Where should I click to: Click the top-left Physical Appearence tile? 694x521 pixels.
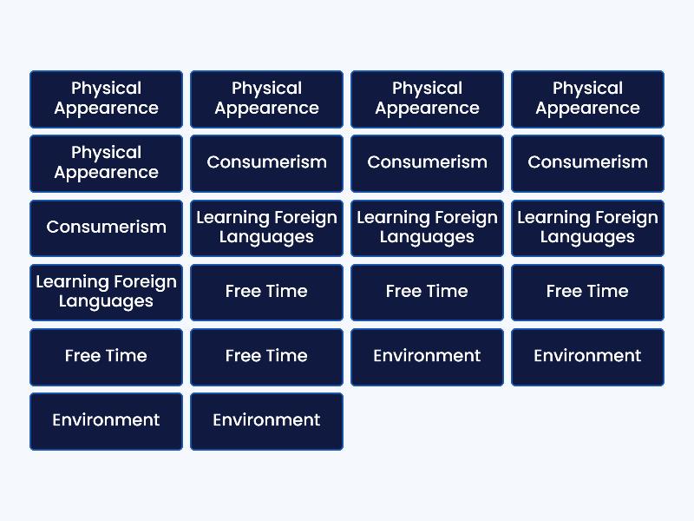(x=106, y=99)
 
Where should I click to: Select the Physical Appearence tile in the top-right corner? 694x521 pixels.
(x=587, y=99)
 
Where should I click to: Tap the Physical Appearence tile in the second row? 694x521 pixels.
(x=106, y=163)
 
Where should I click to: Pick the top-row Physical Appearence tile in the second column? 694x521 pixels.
(x=266, y=99)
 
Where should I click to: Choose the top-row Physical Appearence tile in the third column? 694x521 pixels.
(x=427, y=99)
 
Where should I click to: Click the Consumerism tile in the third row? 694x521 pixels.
(x=106, y=228)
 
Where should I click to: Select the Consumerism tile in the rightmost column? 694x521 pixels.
(x=587, y=163)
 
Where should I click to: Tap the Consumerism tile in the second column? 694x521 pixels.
(x=266, y=163)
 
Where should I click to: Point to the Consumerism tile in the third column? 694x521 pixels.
(x=427, y=163)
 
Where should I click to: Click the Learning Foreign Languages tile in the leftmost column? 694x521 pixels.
(x=106, y=292)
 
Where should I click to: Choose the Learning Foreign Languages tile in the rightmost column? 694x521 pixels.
(x=587, y=228)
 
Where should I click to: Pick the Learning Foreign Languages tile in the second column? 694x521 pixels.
(x=266, y=228)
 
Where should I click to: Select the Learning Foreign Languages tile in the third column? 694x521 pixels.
(x=427, y=228)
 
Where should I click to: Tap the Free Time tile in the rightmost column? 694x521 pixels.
(x=587, y=292)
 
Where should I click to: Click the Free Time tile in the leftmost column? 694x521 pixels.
(x=106, y=356)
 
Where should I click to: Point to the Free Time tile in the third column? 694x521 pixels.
(x=427, y=292)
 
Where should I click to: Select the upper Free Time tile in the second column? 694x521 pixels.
(x=266, y=292)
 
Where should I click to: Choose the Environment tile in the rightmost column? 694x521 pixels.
(x=587, y=356)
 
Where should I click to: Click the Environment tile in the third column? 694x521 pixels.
(x=427, y=356)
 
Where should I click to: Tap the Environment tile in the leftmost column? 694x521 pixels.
(x=106, y=420)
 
